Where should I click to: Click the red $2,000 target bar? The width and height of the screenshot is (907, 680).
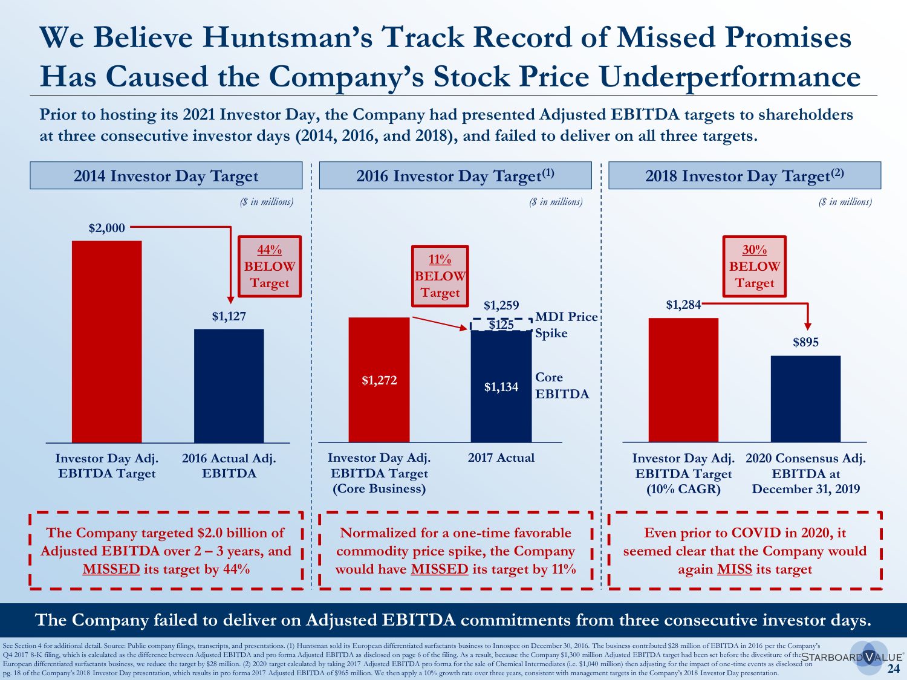pyautogui.click(x=106, y=342)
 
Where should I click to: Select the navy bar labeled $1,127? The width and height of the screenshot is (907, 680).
pyautogui.click(x=229, y=386)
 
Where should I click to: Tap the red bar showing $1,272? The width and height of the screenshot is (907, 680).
pyautogui.click(x=379, y=380)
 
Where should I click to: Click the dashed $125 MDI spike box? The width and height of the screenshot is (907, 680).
pyautogui.click(x=501, y=325)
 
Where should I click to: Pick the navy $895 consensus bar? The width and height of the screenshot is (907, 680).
pyautogui.click(x=805, y=399)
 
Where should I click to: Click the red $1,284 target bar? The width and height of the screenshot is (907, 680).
pyautogui.click(x=683, y=380)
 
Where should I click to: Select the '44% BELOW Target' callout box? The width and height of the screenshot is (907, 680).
pyautogui.click(x=270, y=266)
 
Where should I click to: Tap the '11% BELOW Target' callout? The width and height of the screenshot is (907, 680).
pyautogui.click(x=440, y=276)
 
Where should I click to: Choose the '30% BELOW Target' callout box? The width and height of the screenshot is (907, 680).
pyautogui.click(x=755, y=266)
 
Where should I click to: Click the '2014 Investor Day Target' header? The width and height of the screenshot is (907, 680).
pyautogui.click(x=166, y=176)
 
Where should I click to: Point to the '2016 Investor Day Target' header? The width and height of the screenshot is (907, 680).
pyautogui.click(x=455, y=176)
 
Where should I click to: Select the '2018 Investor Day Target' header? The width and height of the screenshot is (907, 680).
pyautogui.click(x=744, y=176)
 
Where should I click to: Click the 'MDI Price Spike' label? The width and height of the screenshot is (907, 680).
pyautogui.click(x=566, y=325)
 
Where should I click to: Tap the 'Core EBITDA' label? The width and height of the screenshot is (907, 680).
pyautogui.click(x=562, y=386)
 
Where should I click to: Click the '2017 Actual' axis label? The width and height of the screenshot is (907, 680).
pyautogui.click(x=501, y=458)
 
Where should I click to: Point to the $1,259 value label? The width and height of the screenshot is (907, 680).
pyautogui.click(x=501, y=305)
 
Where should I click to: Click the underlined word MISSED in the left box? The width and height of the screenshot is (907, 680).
pyautogui.click(x=111, y=569)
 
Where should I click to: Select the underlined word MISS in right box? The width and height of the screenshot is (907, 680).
pyautogui.click(x=734, y=569)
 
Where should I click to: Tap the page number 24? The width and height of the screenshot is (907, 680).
pyautogui.click(x=893, y=669)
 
